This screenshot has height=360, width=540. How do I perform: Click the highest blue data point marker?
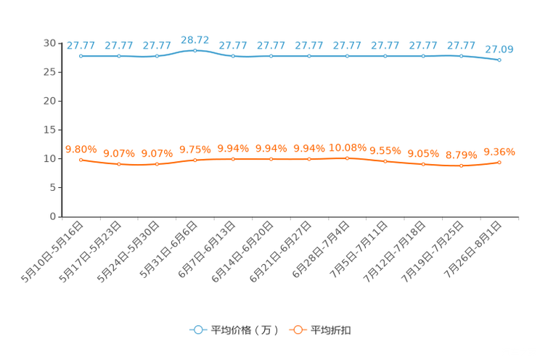tap(195, 50)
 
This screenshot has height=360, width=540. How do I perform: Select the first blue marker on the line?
tap(81, 56)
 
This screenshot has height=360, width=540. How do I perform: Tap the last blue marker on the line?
tap(499, 60)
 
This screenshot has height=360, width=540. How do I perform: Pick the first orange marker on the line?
tap(81, 160)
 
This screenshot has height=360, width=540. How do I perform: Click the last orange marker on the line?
tap(499, 162)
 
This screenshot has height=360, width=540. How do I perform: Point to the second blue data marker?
tap(118, 56)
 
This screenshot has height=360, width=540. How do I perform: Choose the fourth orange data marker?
tap(195, 160)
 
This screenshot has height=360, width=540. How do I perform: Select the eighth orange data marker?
tap(347, 157)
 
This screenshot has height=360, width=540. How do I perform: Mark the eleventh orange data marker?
tap(461, 165)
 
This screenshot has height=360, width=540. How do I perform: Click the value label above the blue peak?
tap(195, 38)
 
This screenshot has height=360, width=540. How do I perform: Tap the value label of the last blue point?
tap(499, 49)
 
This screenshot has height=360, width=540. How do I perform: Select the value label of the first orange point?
tap(81, 149)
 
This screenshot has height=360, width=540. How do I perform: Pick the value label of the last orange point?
tap(499, 152)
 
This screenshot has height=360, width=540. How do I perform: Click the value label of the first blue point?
tap(81, 45)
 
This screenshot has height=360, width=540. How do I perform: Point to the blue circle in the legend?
tap(197, 330)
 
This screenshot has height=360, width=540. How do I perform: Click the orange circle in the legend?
tap(297, 330)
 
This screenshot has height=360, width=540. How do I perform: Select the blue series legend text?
tap(244, 330)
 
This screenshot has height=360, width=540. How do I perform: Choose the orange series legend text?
tap(332, 330)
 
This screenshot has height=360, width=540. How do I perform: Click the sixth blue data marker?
tap(271, 56)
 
